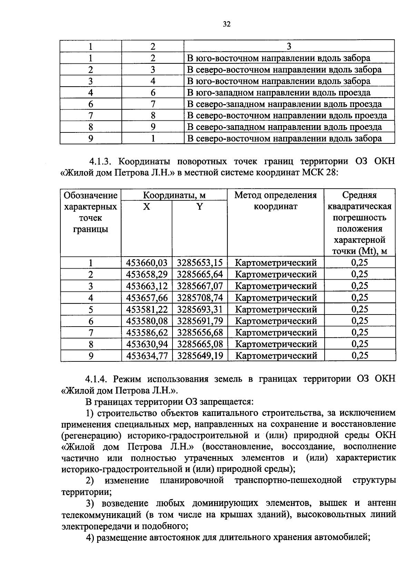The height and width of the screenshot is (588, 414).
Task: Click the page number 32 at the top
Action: [x=226, y=24]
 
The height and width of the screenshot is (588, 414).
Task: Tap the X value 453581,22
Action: [x=147, y=309]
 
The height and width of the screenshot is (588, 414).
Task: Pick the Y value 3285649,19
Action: [x=200, y=356]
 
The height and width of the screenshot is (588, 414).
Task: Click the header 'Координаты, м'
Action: [x=174, y=196]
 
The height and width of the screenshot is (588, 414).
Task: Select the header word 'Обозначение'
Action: [x=91, y=196]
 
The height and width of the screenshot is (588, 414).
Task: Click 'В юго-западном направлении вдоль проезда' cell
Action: [x=278, y=93]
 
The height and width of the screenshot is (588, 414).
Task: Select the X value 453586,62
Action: [x=147, y=332]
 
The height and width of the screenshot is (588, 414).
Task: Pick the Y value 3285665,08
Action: [x=200, y=344]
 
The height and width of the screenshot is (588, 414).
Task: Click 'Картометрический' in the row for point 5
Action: [x=276, y=309]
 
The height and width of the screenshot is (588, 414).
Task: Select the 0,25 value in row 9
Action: [x=359, y=356]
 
